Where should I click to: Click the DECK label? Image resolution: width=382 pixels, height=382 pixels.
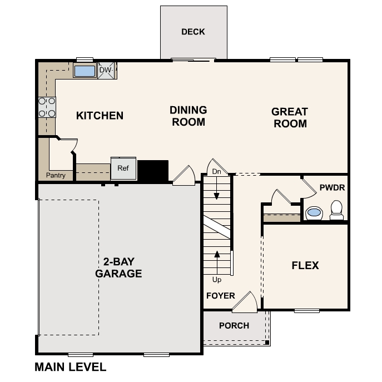point(193,32)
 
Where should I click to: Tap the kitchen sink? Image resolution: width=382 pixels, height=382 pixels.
point(85,71)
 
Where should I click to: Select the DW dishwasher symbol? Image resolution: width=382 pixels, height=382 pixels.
point(106,71)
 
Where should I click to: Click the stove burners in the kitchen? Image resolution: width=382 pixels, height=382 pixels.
point(47,107)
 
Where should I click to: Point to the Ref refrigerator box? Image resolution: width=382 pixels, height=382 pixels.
point(123,168)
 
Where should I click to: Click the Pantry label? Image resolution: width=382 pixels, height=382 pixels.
point(56,176)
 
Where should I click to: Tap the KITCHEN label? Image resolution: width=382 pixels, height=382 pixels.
point(100,116)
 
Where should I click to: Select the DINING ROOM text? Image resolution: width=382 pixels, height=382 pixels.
point(188,116)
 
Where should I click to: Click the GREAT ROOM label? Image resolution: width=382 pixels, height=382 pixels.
point(289,117)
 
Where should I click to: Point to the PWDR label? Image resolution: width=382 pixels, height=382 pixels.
point(333,188)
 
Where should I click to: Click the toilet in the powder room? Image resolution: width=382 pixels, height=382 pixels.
point(336,209)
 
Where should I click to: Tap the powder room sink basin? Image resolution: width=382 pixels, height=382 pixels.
point(314,212)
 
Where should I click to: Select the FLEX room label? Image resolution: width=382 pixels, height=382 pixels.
point(305,266)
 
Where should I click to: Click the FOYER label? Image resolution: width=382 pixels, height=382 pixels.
point(220,296)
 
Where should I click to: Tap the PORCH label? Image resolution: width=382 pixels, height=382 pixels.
point(234,325)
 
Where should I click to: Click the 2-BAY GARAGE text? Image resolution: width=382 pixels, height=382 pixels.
point(118,267)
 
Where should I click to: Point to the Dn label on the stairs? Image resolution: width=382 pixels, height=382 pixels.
point(217,172)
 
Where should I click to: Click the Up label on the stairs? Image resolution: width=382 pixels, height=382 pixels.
point(217,280)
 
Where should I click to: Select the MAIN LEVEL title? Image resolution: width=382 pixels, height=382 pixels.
point(70,368)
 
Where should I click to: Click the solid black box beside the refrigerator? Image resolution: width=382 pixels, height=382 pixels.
point(152,170)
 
